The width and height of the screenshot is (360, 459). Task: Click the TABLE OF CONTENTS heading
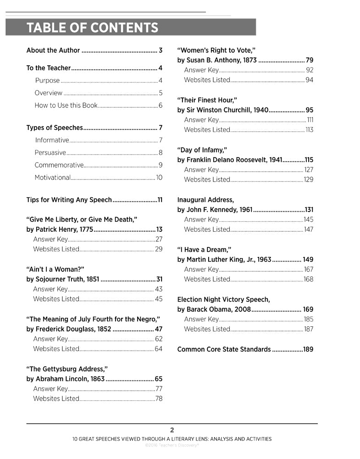point(92,28)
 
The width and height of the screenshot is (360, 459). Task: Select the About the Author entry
point(53,50)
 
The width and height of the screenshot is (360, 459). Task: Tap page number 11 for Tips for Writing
point(160,200)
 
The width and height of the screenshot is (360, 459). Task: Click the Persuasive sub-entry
point(50,153)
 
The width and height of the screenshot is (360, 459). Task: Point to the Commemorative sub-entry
point(59,165)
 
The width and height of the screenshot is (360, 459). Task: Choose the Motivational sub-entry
point(53,178)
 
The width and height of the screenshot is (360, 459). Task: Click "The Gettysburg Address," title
point(67,369)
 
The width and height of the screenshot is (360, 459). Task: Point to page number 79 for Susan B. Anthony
point(310,61)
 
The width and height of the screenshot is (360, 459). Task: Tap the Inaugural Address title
point(205,200)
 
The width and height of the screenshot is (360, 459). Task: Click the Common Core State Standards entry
point(224,350)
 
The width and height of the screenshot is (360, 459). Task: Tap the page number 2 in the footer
point(172,430)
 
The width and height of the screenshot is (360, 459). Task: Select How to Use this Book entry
point(66,106)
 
